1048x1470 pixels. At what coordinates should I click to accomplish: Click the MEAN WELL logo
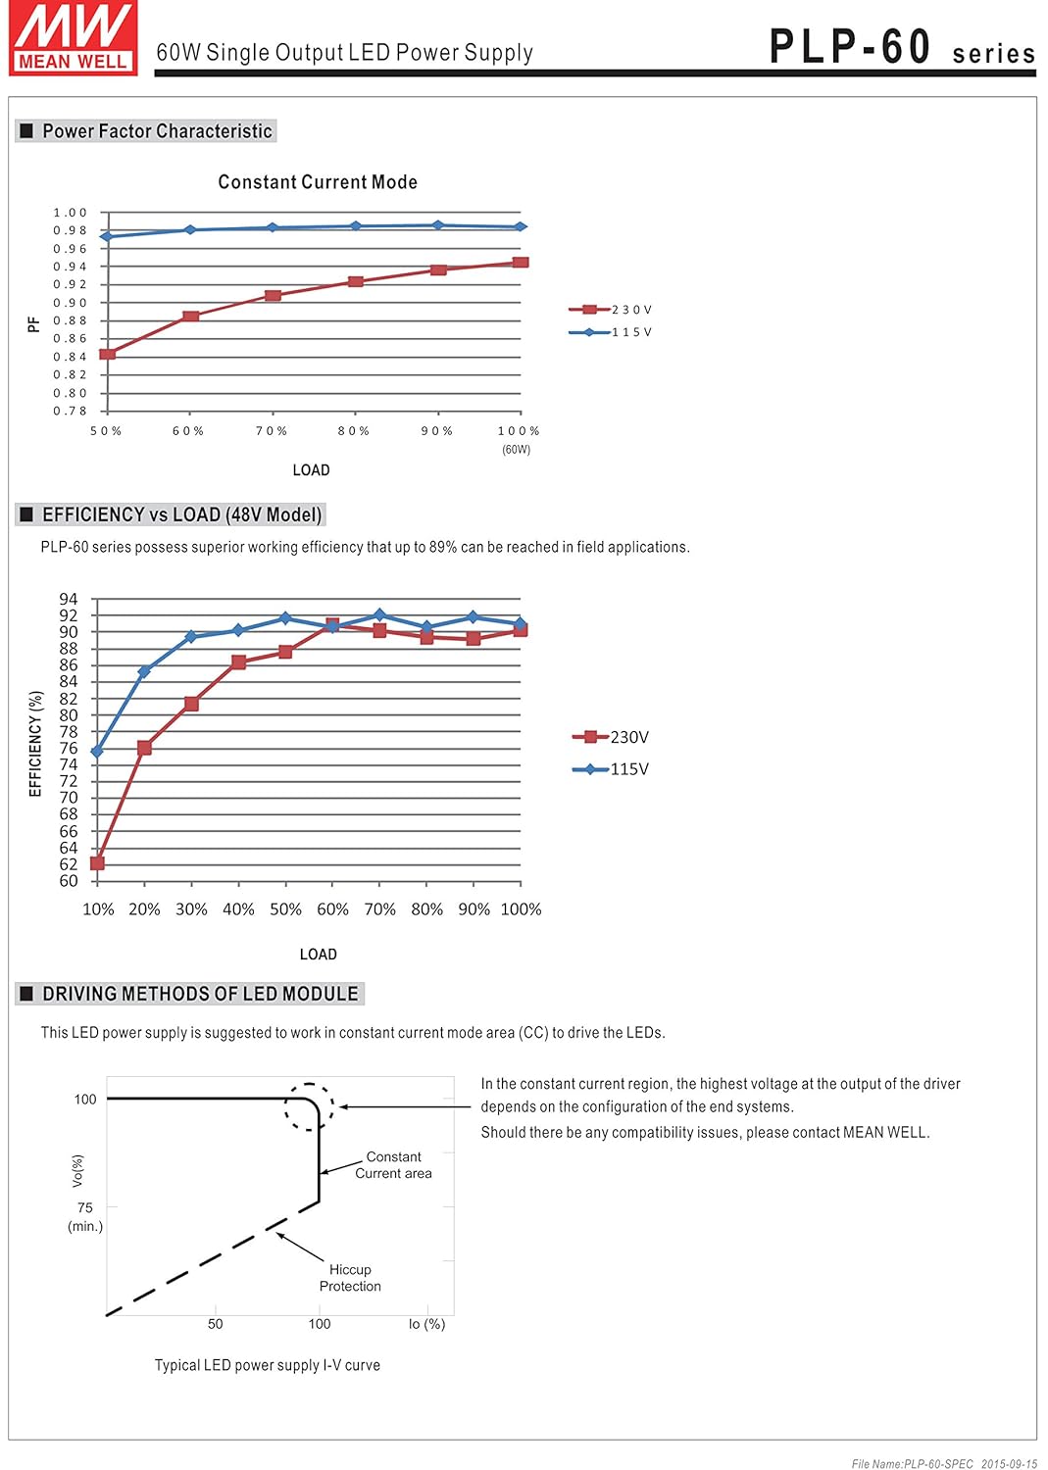[74, 37]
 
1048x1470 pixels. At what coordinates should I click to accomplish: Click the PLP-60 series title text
[901, 47]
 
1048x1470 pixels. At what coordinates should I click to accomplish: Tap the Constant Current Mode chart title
[318, 182]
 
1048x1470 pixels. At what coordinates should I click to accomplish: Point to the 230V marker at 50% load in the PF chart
[108, 354]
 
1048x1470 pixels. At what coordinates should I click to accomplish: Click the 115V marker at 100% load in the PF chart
[521, 227]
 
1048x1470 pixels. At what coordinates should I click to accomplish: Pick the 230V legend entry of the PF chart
[611, 310]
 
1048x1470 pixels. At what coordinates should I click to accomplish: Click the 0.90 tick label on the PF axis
[71, 303]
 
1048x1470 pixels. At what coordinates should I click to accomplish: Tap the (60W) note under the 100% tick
[517, 450]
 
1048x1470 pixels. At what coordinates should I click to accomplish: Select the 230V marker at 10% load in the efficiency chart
[97, 863]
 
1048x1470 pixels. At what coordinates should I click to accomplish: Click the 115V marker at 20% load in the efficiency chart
[144, 672]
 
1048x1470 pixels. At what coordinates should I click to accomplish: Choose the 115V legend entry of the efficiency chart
[611, 769]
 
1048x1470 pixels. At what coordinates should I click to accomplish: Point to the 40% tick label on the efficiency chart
[238, 909]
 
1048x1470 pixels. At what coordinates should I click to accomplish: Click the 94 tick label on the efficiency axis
[69, 599]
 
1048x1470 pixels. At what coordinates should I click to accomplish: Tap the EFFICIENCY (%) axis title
[36, 743]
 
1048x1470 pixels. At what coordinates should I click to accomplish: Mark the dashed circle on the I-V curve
[310, 1107]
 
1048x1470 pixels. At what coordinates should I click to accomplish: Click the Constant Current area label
[393, 1165]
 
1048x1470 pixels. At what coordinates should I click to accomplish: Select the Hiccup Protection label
[350, 1278]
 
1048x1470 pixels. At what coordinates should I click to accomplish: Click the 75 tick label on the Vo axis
[85, 1207]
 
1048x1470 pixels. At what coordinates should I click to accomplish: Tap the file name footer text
[944, 1464]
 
